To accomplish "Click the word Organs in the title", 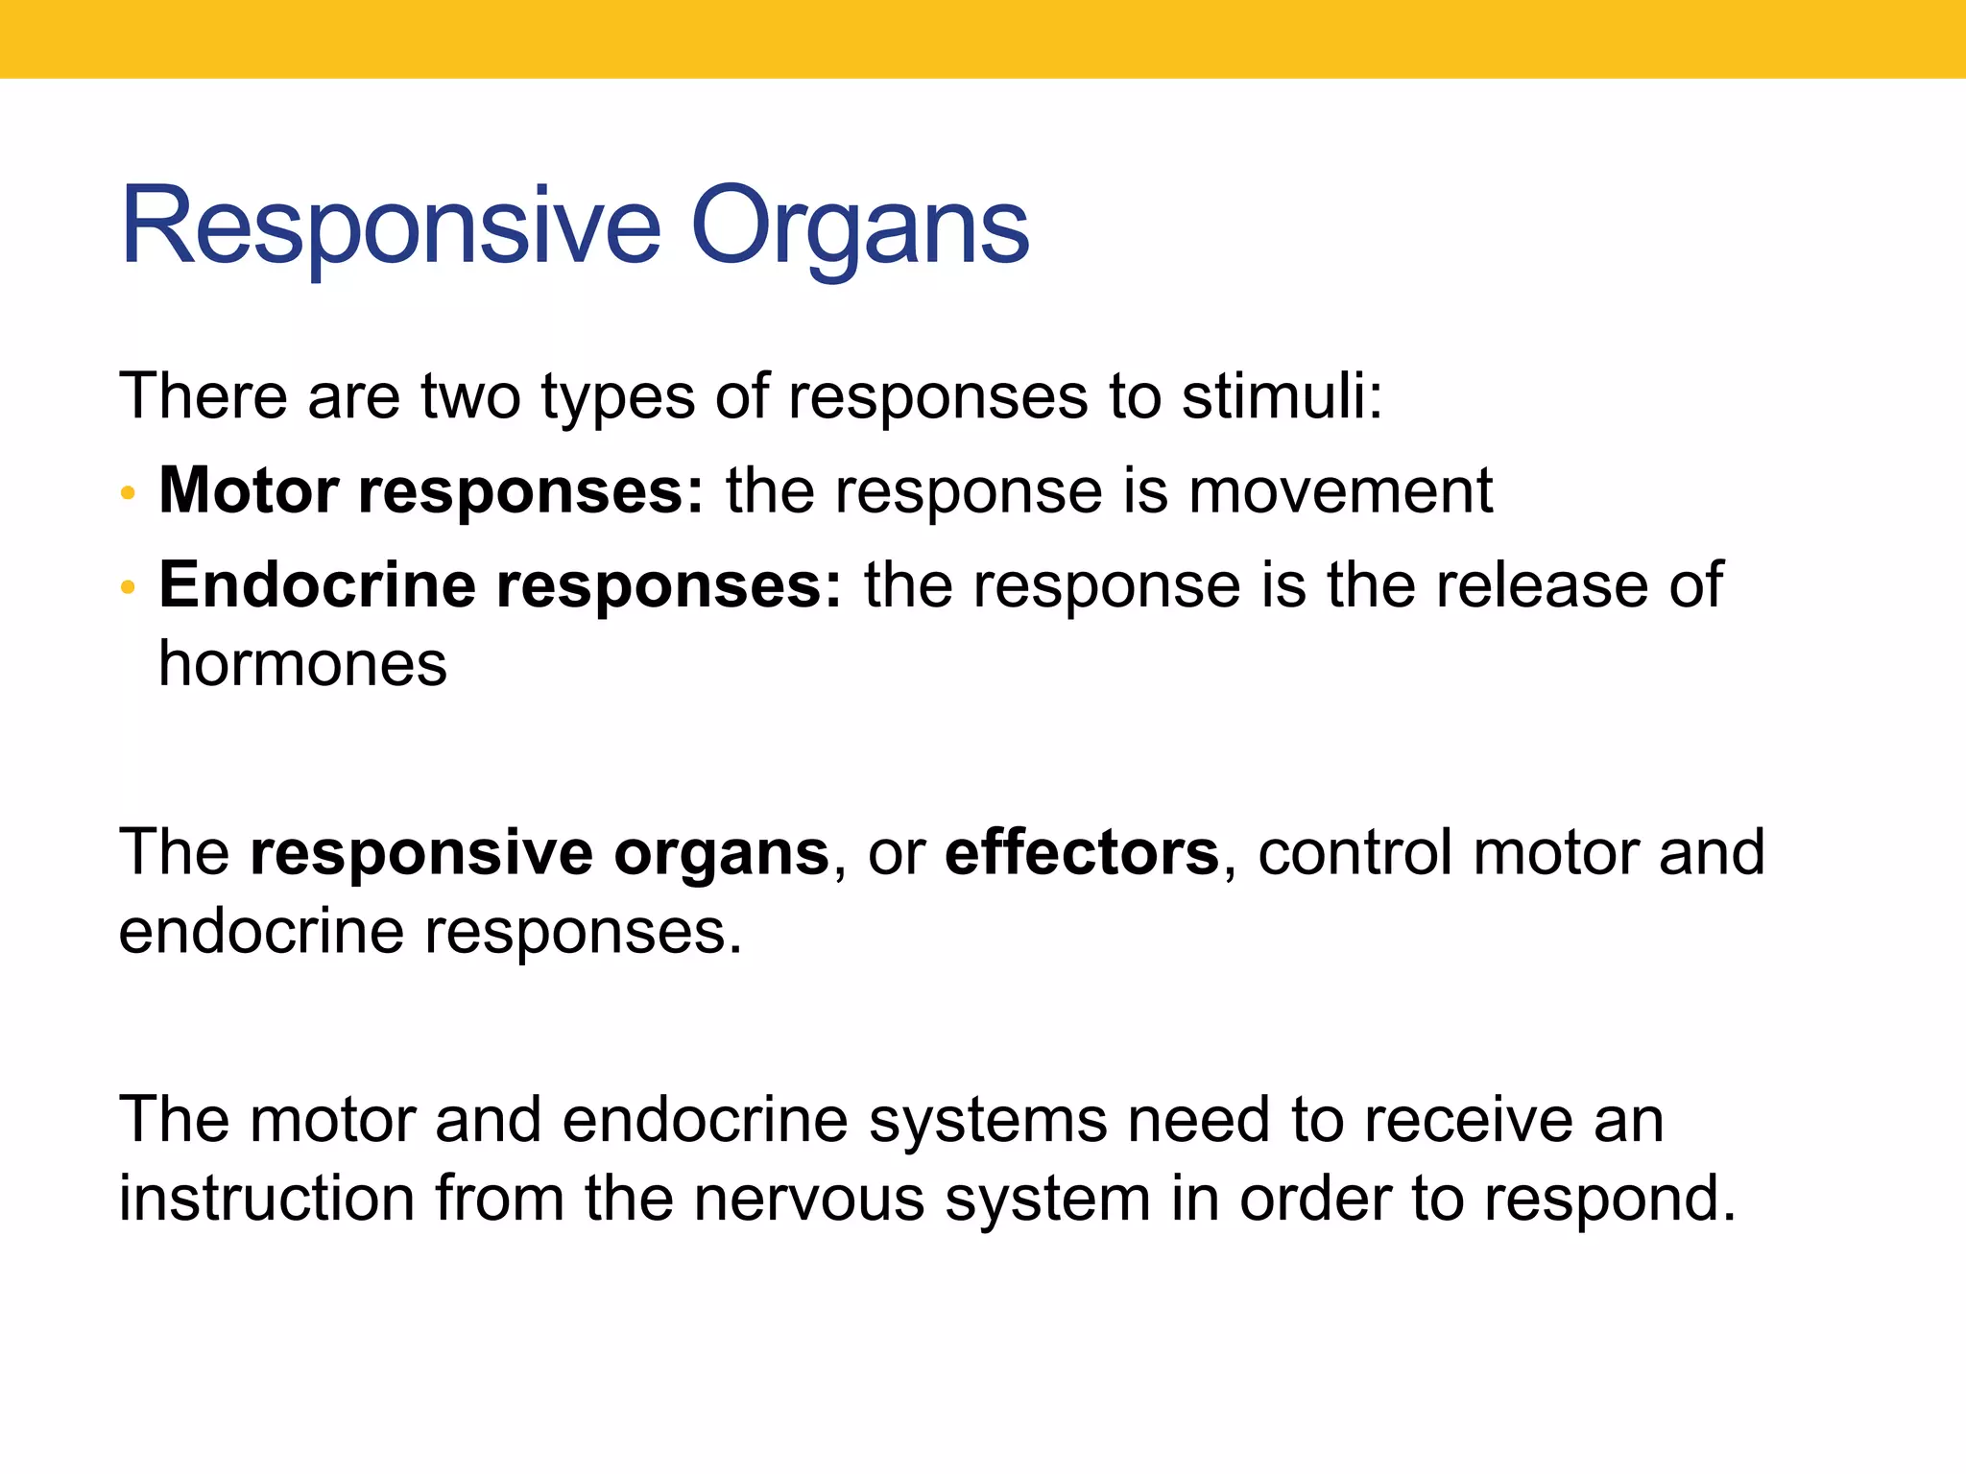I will point(859,228).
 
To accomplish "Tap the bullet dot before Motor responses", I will point(128,495).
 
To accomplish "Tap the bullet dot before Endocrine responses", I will point(128,588).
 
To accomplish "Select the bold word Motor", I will point(249,491).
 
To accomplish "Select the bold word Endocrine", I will point(317,585).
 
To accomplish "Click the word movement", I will point(1340,491).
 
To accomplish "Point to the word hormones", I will point(302,664).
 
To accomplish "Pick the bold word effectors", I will point(1082,852).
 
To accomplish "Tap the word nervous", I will point(809,1200).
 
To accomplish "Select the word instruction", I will point(266,1200).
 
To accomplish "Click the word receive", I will point(1469,1120).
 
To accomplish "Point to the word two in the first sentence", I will point(470,396).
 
